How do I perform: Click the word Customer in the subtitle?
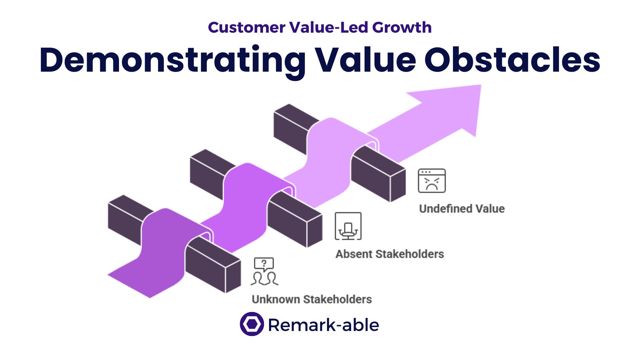coord(247,27)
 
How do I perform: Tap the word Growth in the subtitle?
coord(402,27)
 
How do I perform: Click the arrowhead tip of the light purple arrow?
coord(481,85)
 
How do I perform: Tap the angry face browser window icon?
coord(432,181)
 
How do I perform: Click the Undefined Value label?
coord(462,209)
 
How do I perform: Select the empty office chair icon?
coord(348,226)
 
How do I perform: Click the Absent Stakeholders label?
coord(390,254)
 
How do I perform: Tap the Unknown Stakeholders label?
coord(312,299)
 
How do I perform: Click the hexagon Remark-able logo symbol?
coord(252,324)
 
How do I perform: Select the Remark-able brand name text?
coord(323,325)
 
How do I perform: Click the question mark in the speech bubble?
coord(264,263)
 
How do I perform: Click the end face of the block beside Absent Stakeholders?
coord(315,231)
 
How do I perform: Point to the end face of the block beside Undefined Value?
coord(398,185)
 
